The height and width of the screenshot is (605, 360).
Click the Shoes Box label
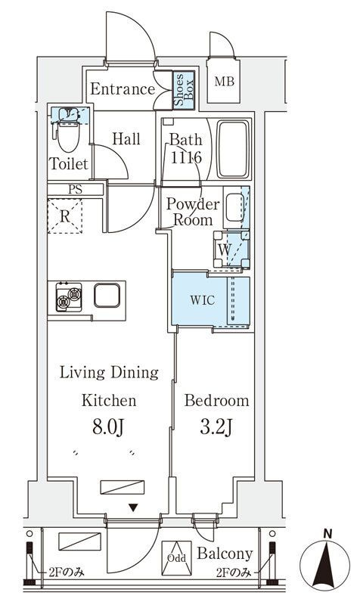pos(184,89)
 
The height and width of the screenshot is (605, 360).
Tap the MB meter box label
pos(224,82)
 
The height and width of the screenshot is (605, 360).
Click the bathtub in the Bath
pos(234,149)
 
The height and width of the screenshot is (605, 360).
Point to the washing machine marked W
pos(231,249)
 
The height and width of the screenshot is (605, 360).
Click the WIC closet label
pos(203,299)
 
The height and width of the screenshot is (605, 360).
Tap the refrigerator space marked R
pos(65,216)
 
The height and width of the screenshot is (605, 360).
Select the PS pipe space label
pos(75,190)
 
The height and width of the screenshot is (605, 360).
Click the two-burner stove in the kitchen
pos(69,297)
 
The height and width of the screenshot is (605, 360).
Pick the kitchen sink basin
pos(107,296)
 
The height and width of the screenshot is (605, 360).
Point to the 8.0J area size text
pos(108,427)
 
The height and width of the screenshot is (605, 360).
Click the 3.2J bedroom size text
pos(216,427)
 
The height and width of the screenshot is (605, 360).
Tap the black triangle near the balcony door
pos(133,507)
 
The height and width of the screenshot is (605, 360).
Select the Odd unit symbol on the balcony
pos(176,558)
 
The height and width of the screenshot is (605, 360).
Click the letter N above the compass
pos(327,535)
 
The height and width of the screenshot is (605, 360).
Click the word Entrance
pos(123,89)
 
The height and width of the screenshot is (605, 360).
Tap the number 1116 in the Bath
pos(186,157)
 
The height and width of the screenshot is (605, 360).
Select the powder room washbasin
pos(234,207)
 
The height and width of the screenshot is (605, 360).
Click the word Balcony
pos(225,554)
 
